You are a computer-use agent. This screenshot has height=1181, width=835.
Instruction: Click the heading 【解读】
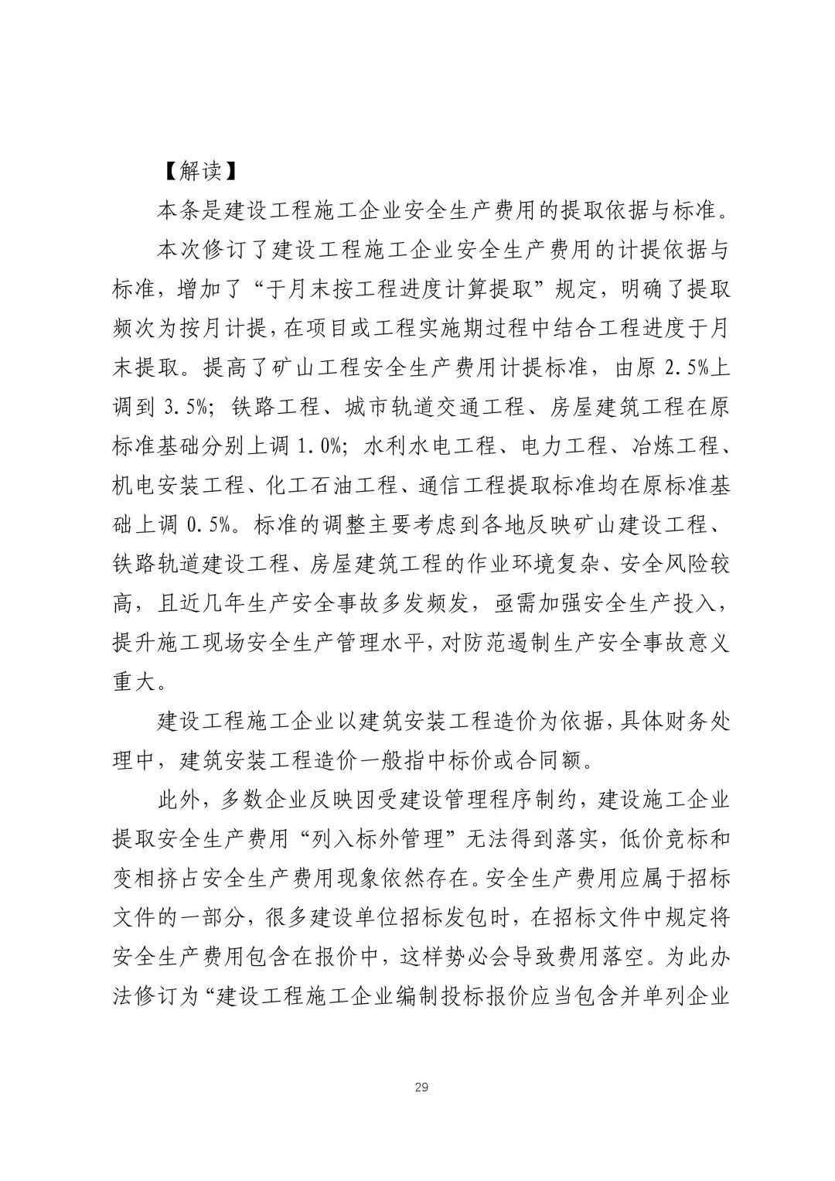click(x=189, y=171)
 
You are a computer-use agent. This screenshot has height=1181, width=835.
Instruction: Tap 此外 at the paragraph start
click(x=179, y=800)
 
